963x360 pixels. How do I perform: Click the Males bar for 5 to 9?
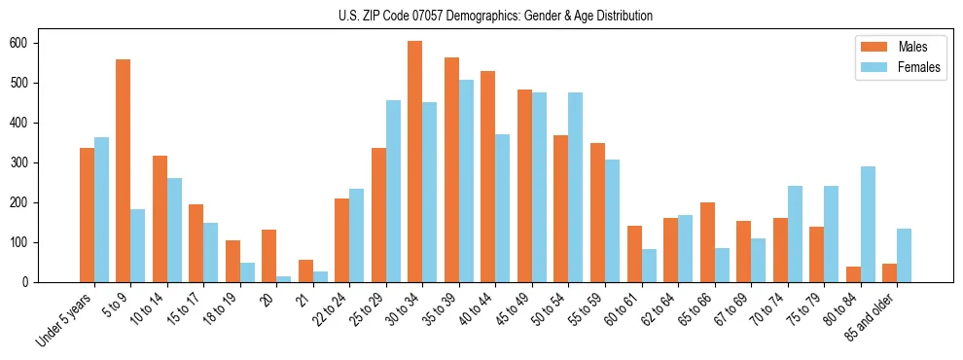pyautogui.click(x=124, y=170)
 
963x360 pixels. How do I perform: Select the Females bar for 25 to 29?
pyautogui.click(x=393, y=191)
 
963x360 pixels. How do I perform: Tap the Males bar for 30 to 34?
pyautogui.click(x=415, y=162)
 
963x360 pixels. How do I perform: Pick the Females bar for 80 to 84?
pyautogui.click(x=868, y=224)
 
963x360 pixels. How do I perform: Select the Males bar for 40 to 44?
pyautogui.click(x=488, y=176)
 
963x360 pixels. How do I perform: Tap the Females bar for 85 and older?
pyautogui.click(x=904, y=255)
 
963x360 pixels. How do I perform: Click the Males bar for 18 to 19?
pyautogui.click(x=232, y=261)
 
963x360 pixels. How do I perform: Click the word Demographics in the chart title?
pyautogui.click(x=464, y=16)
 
